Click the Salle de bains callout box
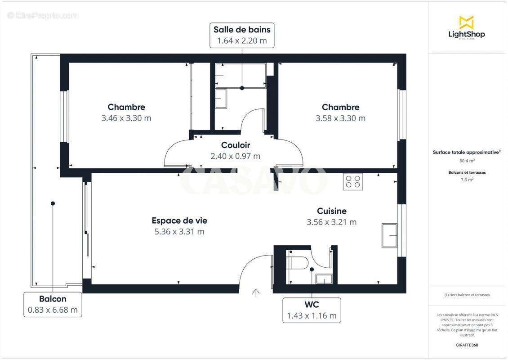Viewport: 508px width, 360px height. tap(242, 36)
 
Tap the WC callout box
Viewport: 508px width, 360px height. tap(312, 310)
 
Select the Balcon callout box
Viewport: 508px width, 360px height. tap(53, 304)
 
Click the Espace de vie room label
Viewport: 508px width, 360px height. tap(179, 220)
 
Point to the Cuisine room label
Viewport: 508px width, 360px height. tap(331, 211)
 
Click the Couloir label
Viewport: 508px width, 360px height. tap(235, 145)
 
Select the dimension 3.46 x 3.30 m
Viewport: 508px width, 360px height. tap(126, 118)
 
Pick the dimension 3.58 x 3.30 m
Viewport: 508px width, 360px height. tap(340, 118)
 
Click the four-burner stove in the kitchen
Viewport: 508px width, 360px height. tap(353, 181)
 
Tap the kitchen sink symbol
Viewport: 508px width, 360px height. tap(389, 235)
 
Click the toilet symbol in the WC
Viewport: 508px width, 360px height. tap(297, 262)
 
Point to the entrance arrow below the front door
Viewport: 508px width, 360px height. tap(256, 293)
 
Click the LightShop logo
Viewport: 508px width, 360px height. tap(467, 27)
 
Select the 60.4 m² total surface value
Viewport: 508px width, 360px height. tap(467, 161)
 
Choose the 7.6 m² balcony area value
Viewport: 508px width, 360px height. tap(467, 180)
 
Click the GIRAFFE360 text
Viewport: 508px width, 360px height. tap(467, 345)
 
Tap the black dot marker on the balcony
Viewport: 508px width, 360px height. tap(53, 203)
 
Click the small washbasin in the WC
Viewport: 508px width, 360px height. tap(323, 279)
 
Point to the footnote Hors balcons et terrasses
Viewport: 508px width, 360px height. tap(467, 295)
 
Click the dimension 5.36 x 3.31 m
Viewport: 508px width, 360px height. tap(179, 232)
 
